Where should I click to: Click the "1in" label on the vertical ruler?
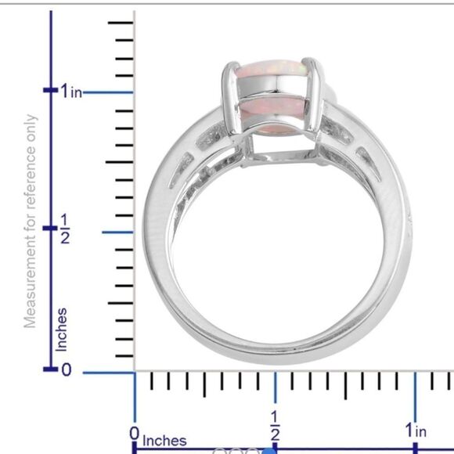coord(71,92)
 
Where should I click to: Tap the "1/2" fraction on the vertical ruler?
coord(65,229)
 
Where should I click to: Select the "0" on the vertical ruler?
coord(66,369)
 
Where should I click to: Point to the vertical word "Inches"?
coord(62,330)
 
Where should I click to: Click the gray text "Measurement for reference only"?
coord(30,222)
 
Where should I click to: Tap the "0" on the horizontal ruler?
coord(135,434)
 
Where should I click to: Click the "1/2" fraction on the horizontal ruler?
coord(275,426)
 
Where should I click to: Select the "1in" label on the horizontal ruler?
coord(416,431)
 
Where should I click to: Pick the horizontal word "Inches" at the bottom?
coord(164,441)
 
